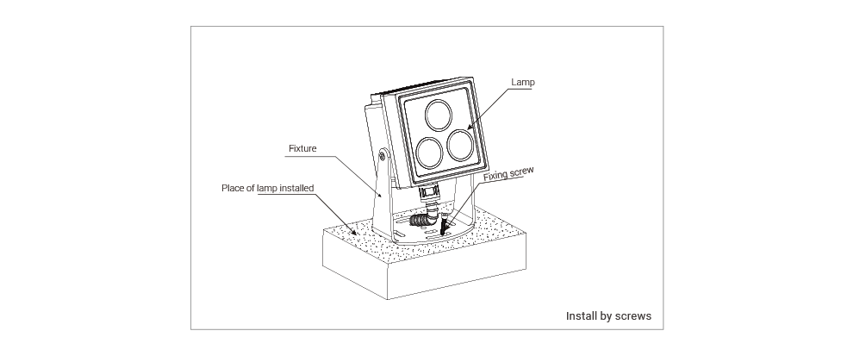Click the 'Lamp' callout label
click(522, 83)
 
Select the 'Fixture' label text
click(302, 148)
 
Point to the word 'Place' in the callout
click(232, 188)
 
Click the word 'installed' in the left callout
click(296, 188)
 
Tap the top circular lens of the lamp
click(439, 115)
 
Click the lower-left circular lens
click(430, 152)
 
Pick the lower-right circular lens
click(461, 145)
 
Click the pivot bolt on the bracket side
click(383, 156)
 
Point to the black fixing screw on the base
click(443, 227)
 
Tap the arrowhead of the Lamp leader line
click(470, 128)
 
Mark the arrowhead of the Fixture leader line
click(380, 195)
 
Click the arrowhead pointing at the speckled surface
click(353, 232)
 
